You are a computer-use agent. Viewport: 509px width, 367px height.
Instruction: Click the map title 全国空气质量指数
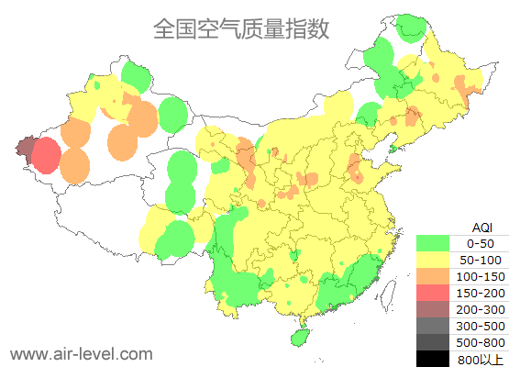pos(240,29)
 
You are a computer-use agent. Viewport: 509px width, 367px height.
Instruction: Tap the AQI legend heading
pos(481,227)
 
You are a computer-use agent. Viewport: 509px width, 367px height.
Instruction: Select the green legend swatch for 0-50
pos(433,243)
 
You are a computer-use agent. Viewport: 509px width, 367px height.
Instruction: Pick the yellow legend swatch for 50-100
pos(433,260)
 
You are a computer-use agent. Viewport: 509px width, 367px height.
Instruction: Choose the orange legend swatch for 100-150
pos(433,276)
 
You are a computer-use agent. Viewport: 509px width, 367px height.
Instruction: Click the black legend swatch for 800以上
pos(433,359)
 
